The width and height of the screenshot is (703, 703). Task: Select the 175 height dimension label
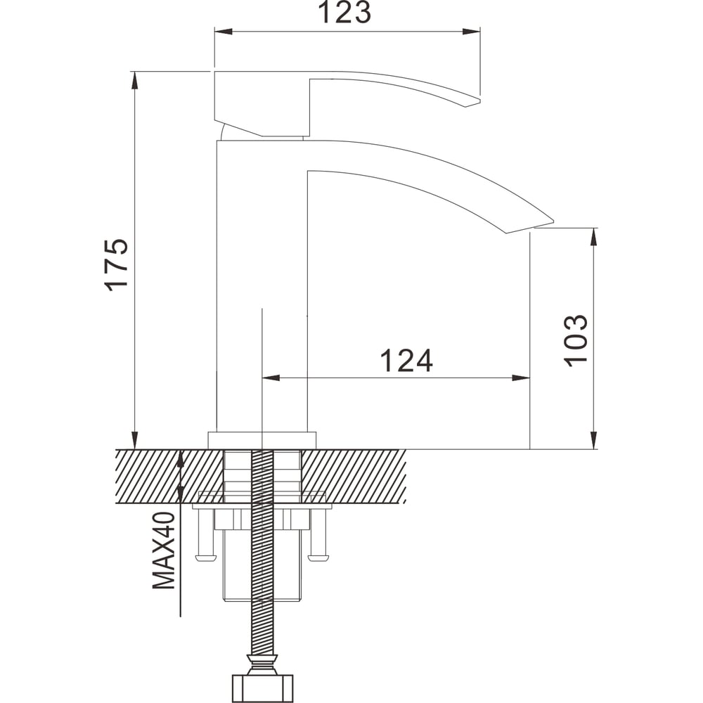(x=116, y=265)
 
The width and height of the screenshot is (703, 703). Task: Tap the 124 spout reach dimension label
(x=406, y=361)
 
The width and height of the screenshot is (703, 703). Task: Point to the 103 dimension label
(x=575, y=341)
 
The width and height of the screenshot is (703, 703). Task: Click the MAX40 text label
(x=164, y=550)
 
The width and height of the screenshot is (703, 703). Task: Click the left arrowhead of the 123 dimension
(x=224, y=32)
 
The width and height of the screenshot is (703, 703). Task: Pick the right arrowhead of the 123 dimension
(x=471, y=32)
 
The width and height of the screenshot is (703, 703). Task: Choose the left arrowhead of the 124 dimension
(x=271, y=378)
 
